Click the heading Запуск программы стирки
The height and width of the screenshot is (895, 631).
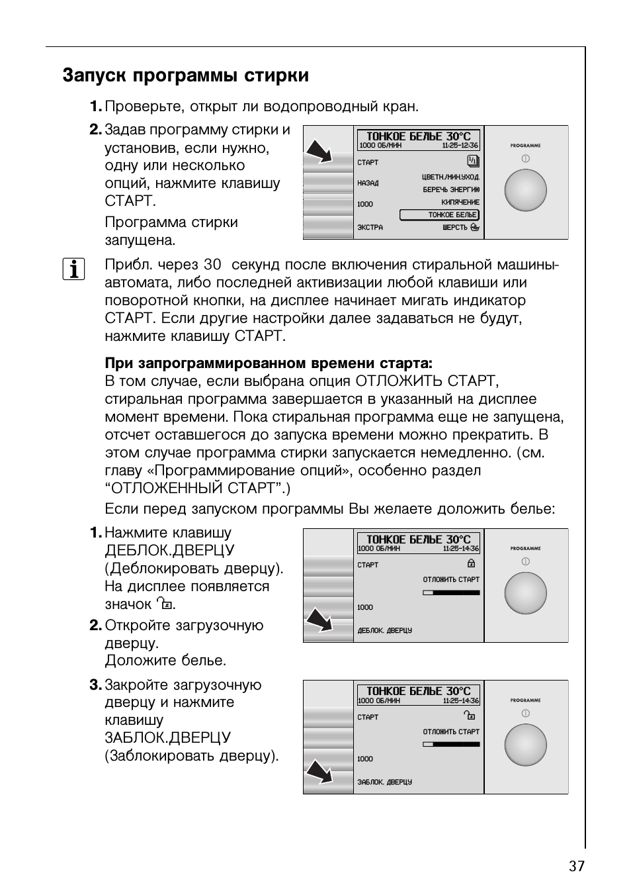185,75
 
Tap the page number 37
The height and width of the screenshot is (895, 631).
576,866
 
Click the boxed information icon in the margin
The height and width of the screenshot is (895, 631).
73,269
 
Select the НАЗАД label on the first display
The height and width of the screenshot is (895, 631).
368,183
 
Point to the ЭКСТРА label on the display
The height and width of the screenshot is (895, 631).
370,228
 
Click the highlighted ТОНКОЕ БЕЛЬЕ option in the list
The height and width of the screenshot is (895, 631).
439,214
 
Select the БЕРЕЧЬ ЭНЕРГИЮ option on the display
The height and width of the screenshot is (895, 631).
451,189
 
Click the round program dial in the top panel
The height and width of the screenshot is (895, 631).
525,191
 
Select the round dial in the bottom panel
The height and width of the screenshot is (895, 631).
525,745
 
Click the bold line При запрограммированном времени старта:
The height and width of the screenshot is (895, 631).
269,363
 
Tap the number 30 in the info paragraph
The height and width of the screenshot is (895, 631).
212,265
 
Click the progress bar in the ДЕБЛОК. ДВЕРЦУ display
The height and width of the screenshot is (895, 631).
451,592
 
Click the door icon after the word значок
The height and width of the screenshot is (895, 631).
164,604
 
